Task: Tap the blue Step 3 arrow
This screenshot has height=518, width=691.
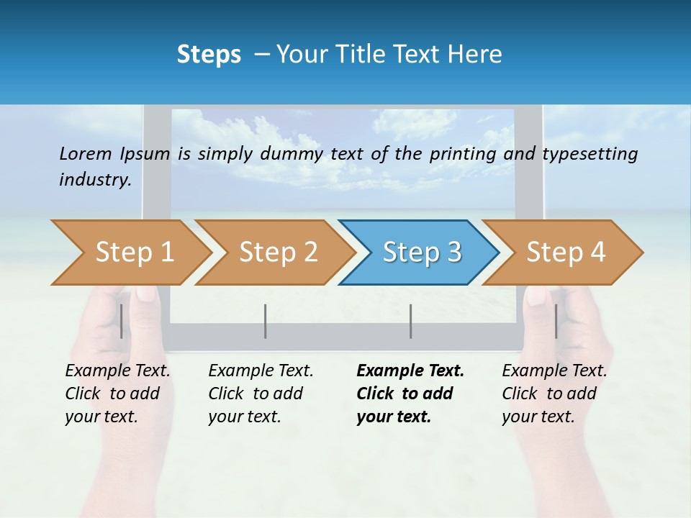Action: (x=422, y=253)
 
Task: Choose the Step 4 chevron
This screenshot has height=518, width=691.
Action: (x=566, y=253)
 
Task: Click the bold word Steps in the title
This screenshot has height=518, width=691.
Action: (x=209, y=55)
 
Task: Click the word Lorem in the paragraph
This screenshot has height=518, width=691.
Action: (x=86, y=153)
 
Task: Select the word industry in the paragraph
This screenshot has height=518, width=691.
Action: (x=95, y=179)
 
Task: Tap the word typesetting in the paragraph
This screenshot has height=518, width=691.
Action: (x=590, y=153)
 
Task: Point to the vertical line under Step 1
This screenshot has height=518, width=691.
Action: (x=122, y=321)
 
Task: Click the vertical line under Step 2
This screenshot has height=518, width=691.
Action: (x=266, y=321)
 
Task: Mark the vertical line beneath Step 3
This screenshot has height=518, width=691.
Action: (x=410, y=321)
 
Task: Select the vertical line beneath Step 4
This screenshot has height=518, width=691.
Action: (x=556, y=321)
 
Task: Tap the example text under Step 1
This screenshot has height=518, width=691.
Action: (x=117, y=394)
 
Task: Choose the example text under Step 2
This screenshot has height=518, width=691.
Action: (x=261, y=394)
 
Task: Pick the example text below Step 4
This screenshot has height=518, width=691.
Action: (x=554, y=394)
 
